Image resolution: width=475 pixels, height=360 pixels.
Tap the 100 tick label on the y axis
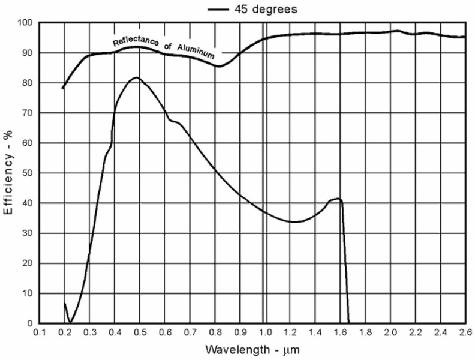point(24,23)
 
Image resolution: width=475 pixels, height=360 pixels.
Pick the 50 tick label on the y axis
point(26,173)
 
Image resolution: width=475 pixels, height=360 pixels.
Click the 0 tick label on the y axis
point(29,323)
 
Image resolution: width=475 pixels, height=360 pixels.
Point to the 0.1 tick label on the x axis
point(40,332)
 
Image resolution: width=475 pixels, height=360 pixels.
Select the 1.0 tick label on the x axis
point(264,332)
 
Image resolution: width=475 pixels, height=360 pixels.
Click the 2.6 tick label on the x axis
point(465,332)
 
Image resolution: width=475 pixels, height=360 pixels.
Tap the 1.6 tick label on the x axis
point(339,332)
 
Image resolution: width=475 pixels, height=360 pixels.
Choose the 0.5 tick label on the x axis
point(140,332)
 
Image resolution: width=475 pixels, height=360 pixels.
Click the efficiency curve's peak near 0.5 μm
point(136,77)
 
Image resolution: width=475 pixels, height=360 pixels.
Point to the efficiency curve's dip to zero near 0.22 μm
point(70,322)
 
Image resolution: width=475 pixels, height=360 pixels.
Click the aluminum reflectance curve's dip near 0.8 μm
point(220,66)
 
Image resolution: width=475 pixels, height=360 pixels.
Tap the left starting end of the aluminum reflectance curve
point(62,89)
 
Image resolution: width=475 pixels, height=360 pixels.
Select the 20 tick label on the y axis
point(26,263)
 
